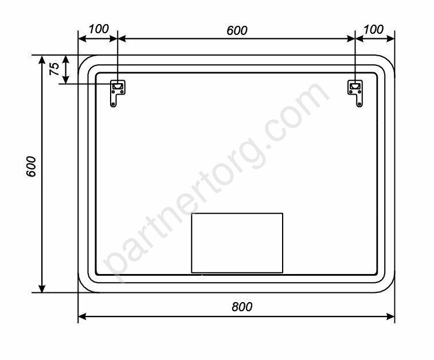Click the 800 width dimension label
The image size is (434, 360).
[x=242, y=307]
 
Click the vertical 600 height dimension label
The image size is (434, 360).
[x=31, y=166]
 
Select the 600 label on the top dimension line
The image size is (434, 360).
[x=237, y=30]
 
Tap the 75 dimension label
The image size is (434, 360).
[x=54, y=69]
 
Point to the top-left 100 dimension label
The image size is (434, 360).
[x=99, y=29]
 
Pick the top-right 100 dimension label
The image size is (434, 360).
[x=373, y=29]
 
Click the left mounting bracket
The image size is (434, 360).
[x=118, y=93]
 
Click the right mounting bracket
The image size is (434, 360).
[x=355, y=93]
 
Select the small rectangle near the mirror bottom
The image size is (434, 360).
[x=237, y=242]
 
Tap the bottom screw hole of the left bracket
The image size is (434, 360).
[x=113, y=104]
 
